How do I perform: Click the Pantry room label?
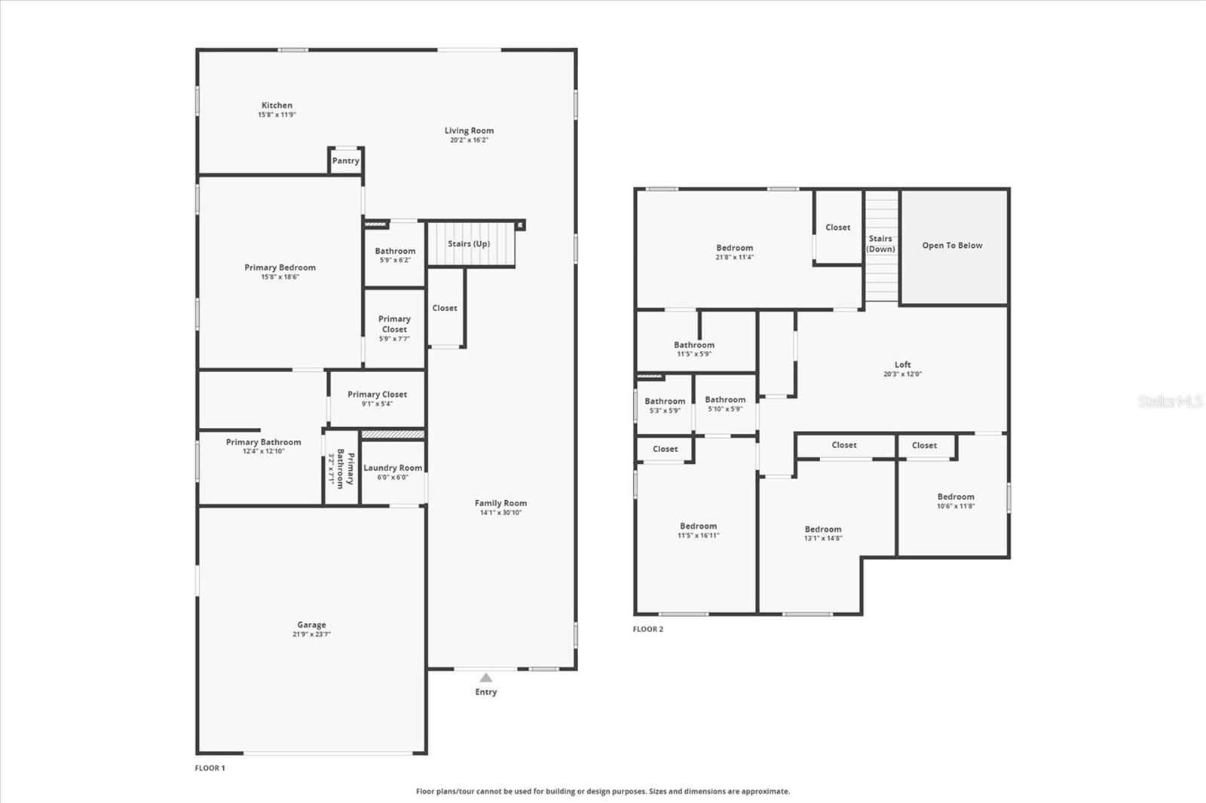click(x=345, y=160)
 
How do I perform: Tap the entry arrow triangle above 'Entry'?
click(x=486, y=678)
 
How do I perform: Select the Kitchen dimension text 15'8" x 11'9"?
click(x=277, y=115)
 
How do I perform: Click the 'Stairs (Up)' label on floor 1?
click(x=469, y=244)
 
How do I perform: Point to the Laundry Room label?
click(x=393, y=468)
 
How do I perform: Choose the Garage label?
click(x=311, y=624)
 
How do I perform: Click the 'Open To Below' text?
click(x=952, y=246)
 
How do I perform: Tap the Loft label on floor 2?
click(x=902, y=365)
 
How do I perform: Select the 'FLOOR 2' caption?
click(x=648, y=629)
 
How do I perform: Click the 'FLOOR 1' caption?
click(x=210, y=768)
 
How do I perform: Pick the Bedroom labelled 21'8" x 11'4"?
click(x=734, y=248)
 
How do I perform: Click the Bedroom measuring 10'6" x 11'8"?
click(x=956, y=497)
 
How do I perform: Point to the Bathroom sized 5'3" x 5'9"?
click(x=665, y=401)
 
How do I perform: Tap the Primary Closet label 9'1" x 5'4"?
click(x=377, y=395)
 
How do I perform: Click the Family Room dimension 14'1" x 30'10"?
click(x=500, y=513)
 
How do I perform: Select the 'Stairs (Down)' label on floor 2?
click(x=880, y=243)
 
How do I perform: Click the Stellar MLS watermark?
click(x=1170, y=401)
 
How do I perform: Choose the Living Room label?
click(x=469, y=131)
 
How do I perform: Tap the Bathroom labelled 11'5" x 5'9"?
click(x=693, y=345)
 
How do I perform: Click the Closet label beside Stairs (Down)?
click(x=837, y=227)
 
